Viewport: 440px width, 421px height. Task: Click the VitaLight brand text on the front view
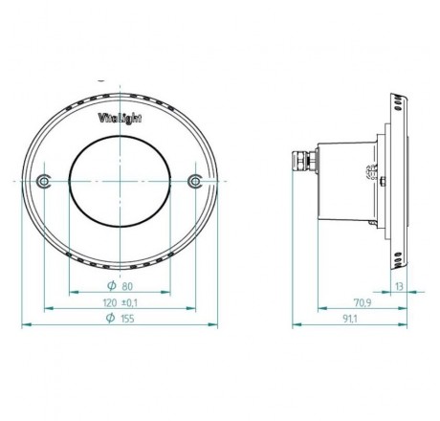(x=121, y=119)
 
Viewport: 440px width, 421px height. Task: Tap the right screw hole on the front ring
(x=196, y=181)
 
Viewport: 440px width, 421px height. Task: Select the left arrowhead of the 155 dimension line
(x=25, y=324)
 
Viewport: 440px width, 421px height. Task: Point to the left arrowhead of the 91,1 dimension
(x=293, y=324)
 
